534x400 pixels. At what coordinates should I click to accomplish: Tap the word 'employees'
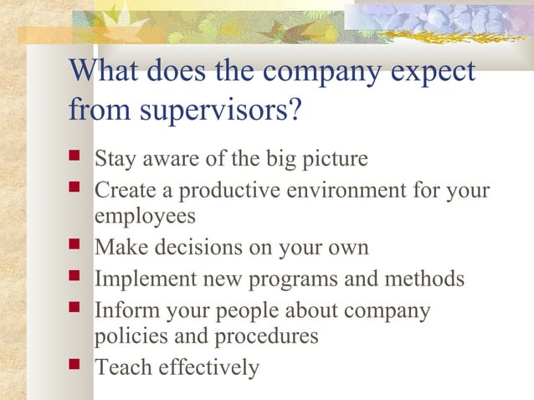click(145, 216)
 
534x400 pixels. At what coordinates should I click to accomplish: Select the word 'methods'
click(424, 278)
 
